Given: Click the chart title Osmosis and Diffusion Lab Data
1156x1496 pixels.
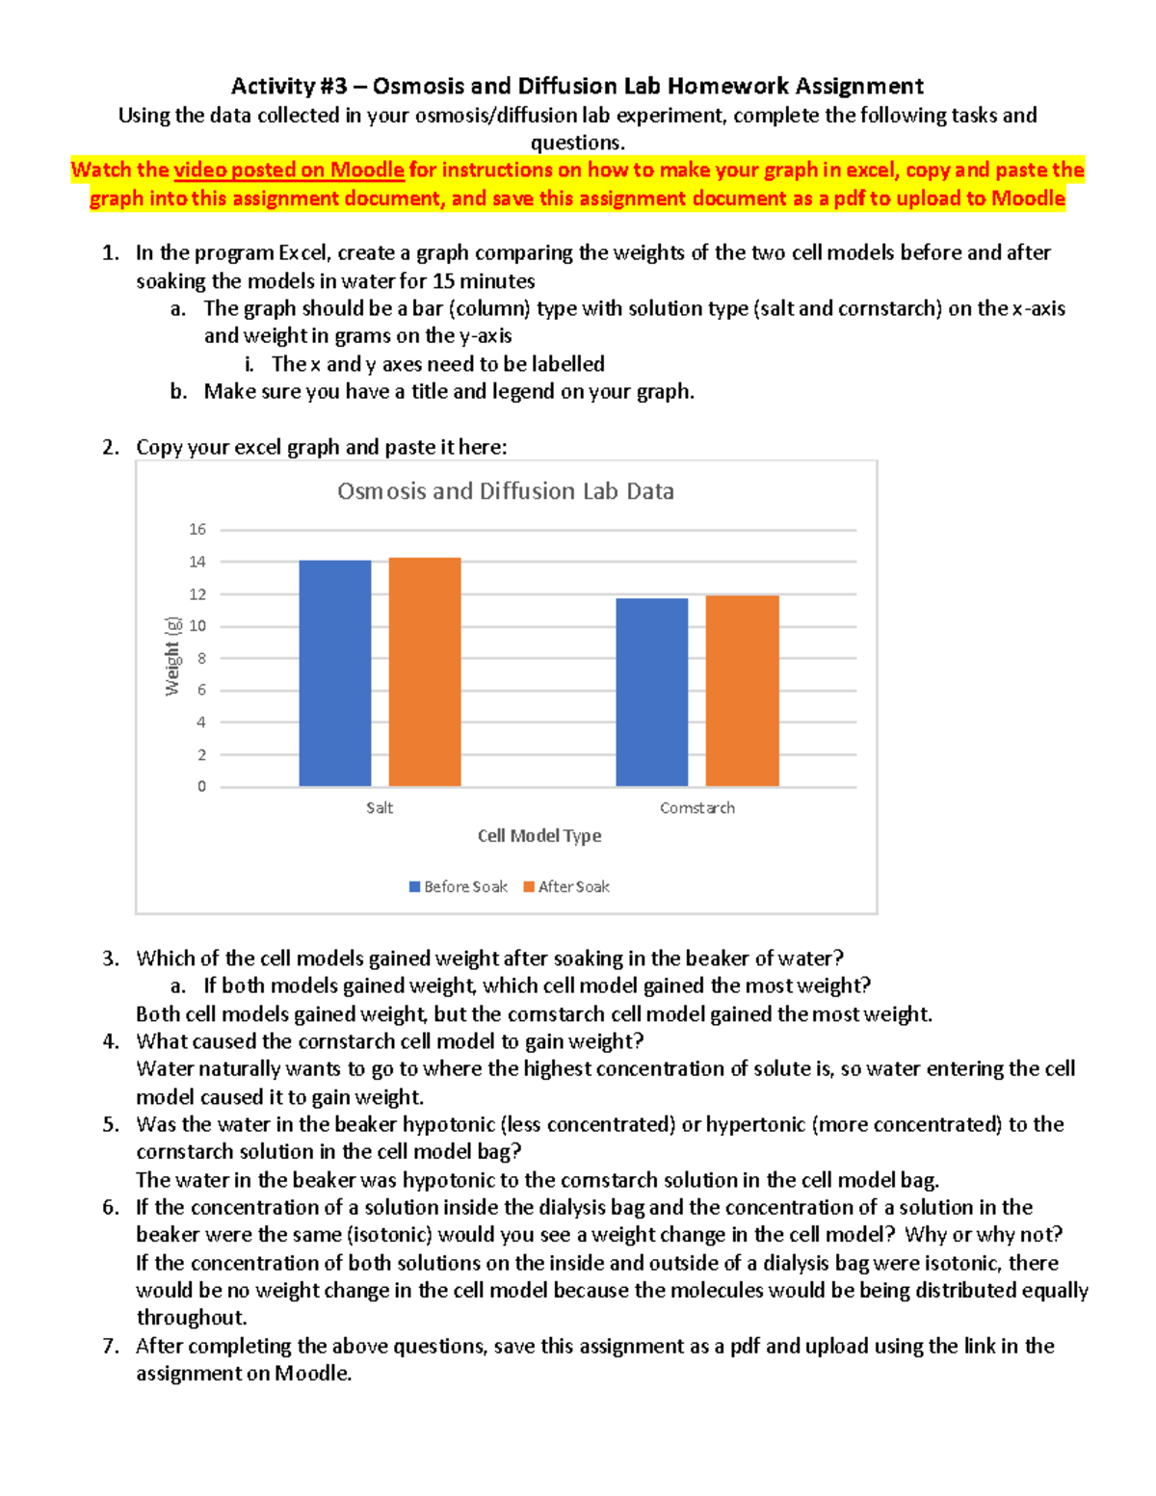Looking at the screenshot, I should pyautogui.click(x=505, y=491).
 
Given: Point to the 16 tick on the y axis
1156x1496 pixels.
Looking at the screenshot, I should pyautogui.click(x=197, y=529).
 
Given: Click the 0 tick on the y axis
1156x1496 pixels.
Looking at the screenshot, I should pyautogui.click(x=201, y=786).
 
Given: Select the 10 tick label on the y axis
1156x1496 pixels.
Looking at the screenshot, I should pyautogui.click(x=197, y=625).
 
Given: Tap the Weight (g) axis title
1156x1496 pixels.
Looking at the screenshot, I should pyautogui.click(x=172, y=656).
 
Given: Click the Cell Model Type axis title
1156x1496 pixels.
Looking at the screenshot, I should pyautogui.click(x=539, y=835).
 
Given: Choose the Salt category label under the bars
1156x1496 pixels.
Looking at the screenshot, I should pyautogui.click(x=379, y=807).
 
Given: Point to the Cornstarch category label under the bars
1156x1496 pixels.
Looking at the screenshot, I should pyautogui.click(x=696, y=807).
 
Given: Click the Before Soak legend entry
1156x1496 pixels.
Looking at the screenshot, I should pyautogui.click(x=459, y=886).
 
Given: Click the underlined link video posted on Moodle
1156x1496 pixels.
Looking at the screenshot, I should pyautogui.click(x=288, y=171).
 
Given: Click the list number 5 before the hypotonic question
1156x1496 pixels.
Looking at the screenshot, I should pyautogui.click(x=111, y=1124).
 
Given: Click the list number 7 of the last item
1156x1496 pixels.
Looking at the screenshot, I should pyautogui.click(x=111, y=1346).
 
